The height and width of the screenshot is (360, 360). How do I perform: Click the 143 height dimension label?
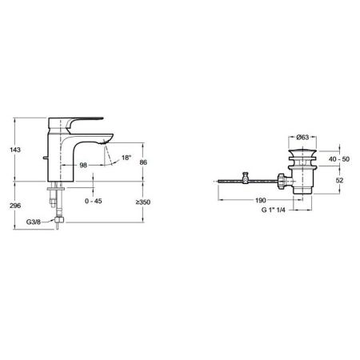point(15,150)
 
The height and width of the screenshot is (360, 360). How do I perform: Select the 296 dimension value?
point(15,206)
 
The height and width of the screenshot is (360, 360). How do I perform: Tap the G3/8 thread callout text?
point(34,222)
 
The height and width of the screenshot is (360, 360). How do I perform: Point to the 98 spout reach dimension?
point(83,165)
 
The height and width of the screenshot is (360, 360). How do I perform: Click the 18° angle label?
point(126,158)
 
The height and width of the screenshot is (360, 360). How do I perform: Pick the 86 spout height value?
point(143,162)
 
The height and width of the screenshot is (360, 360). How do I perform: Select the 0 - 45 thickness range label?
point(94,201)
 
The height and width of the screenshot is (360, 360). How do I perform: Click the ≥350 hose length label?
point(143,202)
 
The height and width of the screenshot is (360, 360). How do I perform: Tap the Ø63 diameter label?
point(302,137)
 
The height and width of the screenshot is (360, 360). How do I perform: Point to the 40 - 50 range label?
point(339,159)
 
